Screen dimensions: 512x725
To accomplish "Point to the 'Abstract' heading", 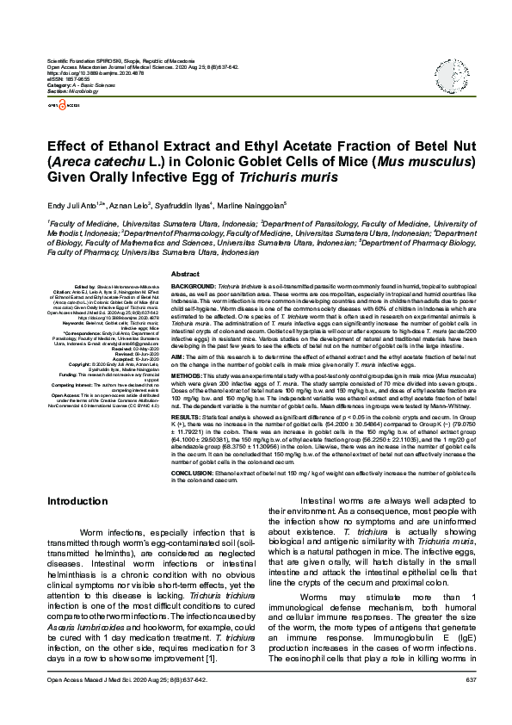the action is (186, 273).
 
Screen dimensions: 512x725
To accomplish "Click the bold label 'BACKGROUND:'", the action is (194, 284).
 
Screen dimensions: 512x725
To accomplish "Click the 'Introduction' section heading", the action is (77, 500).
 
